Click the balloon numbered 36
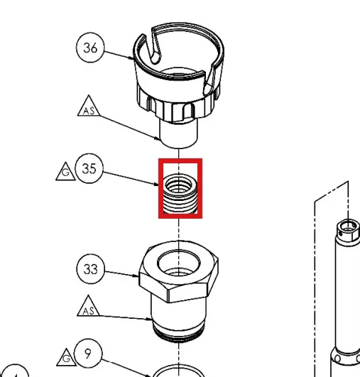coord(90,48)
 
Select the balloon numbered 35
coord(89,168)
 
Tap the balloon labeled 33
coord(91,269)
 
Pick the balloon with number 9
coord(88,354)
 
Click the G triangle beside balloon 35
coord(65,172)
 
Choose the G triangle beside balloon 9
coord(66,358)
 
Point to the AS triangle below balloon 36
coord(89,107)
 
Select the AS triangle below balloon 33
coord(88,307)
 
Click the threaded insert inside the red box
coord(180,194)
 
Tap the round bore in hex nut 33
coord(179,262)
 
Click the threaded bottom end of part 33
coord(179,333)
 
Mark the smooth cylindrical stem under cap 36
coord(179,133)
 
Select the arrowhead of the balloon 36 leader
coord(131,58)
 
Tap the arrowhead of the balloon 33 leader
coord(136,275)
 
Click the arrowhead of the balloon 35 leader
coord(156,185)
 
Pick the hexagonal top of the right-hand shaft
coord(348,229)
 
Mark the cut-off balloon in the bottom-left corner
coord(14,371)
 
